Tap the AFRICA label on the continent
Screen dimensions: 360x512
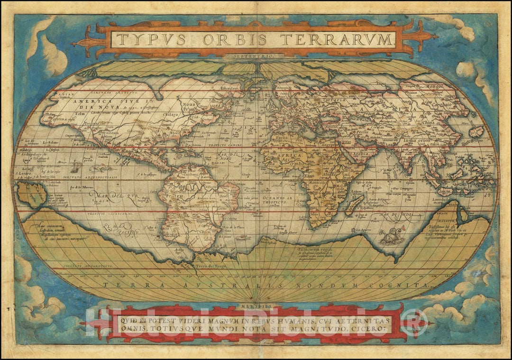coord(290,155)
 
